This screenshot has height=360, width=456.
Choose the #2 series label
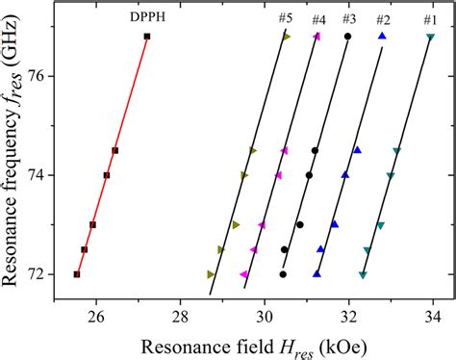coord(383,19)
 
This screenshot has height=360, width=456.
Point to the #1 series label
coord(429,19)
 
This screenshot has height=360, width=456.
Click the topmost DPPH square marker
coord(146,37)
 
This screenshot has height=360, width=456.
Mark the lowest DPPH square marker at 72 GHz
coord(77,274)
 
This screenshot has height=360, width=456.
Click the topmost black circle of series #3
coord(348,37)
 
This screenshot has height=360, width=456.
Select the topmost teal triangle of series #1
coord(430,38)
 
